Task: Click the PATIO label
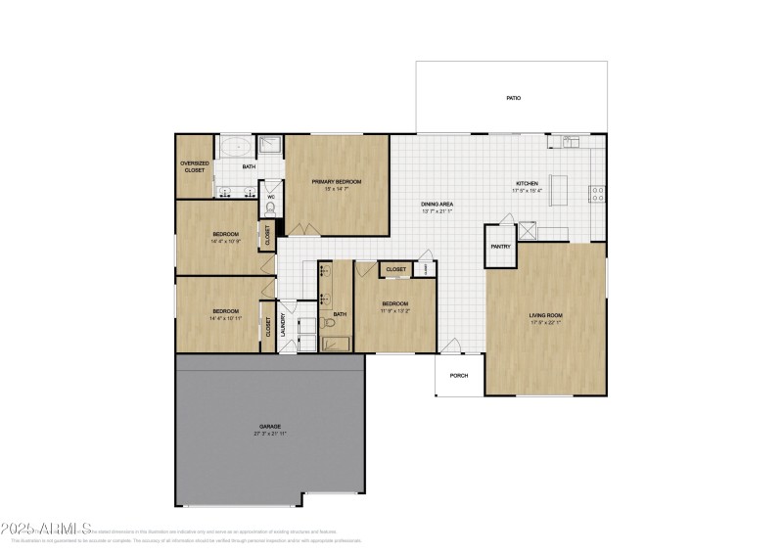point(512,99)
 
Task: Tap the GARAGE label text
point(270,427)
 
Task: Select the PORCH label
point(458,376)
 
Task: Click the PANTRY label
point(500,247)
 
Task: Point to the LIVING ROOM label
point(545,315)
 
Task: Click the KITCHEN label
point(528,183)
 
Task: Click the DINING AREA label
point(438,204)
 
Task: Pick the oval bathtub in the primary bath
point(235,148)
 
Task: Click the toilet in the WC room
point(270,207)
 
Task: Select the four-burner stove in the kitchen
point(596,191)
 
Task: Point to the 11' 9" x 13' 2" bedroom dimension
point(394,309)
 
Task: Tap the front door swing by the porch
point(449,346)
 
